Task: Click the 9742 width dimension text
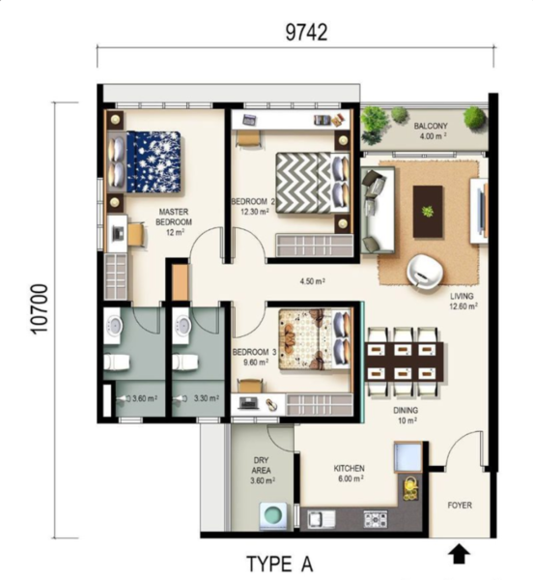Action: coord(306,33)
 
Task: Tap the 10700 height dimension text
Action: coord(40,309)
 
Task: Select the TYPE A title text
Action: coord(280,565)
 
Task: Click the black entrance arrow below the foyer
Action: coord(459,553)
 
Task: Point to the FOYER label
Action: coord(460,505)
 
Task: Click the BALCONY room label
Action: coord(431,126)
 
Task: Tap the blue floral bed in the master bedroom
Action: coord(154,161)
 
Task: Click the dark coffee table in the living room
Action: coord(428,212)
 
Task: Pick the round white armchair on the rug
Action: coord(425,270)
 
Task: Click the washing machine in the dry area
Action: coord(273,516)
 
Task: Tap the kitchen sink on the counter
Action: coord(322,518)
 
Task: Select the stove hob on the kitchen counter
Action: coord(376,518)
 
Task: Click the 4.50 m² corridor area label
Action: coord(312,281)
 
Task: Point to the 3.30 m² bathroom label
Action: coord(207,398)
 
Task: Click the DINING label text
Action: coord(406,410)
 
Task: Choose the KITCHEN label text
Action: coord(349,468)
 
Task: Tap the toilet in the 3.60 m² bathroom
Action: coord(116,362)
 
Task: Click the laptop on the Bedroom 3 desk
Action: coord(248,403)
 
